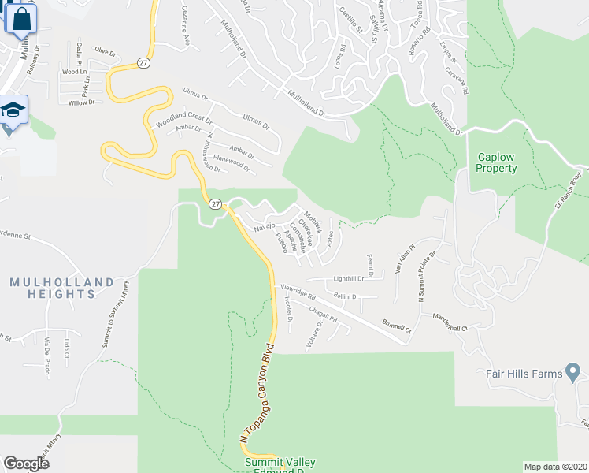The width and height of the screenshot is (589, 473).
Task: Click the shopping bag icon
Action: pos(21,19)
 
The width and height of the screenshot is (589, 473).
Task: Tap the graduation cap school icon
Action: pos(13,110)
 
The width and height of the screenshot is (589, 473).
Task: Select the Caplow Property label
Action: pos(497,162)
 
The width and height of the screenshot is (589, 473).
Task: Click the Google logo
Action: pos(26,464)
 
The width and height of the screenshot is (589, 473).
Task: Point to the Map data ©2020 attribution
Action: pos(556,467)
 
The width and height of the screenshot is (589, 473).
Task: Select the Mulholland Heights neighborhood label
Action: pos(53,288)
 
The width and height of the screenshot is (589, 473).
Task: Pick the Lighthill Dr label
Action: pos(349,278)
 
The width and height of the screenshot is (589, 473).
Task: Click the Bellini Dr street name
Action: pos(346,297)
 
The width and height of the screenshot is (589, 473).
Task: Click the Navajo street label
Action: pos(263,228)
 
